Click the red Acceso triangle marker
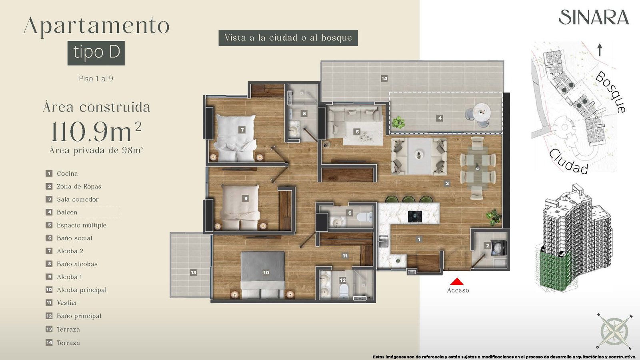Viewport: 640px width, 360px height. click(x=457, y=282)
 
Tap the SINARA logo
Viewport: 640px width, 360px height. click(x=594, y=18)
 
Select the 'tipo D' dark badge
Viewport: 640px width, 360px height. click(x=96, y=53)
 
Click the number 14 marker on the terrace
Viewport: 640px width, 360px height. click(x=384, y=78)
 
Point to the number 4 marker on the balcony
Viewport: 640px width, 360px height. click(x=440, y=118)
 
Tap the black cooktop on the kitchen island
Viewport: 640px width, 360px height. click(x=416, y=216)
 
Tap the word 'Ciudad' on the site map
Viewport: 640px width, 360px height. click(x=568, y=162)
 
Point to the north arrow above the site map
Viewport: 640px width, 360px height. click(x=600, y=50)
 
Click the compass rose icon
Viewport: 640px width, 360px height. click(x=614, y=335)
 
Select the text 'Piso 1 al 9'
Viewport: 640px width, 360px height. click(x=96, y=78)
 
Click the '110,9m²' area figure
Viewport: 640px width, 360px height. click(x=96, y=132)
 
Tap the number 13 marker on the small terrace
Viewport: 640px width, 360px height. click(x=194, y=272)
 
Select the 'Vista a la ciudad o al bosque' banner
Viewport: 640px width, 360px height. click(x=288, y=38)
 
